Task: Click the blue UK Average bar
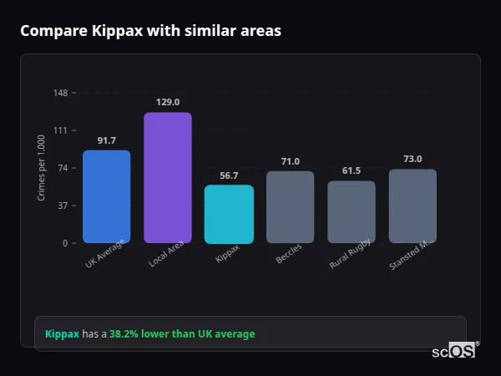(106, 196)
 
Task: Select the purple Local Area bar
(168, 177)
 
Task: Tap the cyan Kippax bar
(229, 214)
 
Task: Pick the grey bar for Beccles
(290, 207)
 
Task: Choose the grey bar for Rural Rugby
(352, 211)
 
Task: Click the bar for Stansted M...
(412, 206)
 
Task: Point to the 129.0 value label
(168, 102)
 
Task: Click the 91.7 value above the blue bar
(107, 140)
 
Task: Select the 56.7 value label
(229, 175)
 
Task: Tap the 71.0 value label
(290, 161)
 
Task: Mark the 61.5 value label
(352, 170)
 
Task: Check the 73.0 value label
(412, 159)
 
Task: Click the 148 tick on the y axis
(61, 93)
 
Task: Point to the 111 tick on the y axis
(61, 130)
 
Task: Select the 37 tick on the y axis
(63, 206)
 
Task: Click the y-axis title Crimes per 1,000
(42, 168)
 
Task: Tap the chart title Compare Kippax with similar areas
(150, 31)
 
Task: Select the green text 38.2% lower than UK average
(182, 334)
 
